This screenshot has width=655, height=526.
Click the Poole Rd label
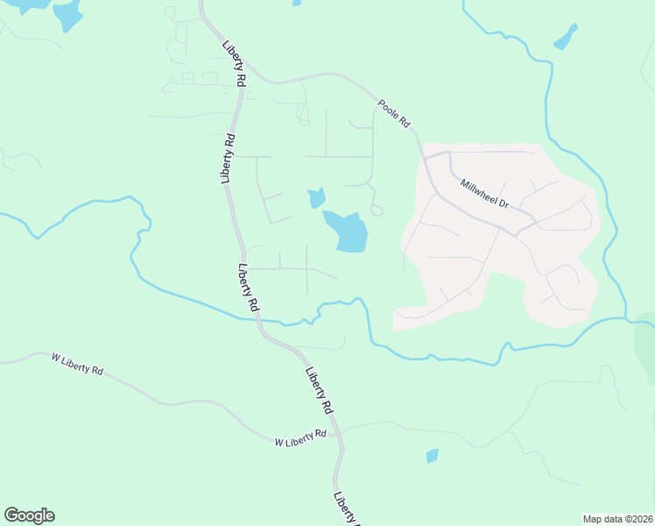[x=394, y=115]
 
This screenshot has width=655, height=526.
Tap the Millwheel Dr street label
[x=484, y=193]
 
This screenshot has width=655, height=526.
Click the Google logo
[x=29, y=515]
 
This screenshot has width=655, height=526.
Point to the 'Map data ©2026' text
[x=617, y=519]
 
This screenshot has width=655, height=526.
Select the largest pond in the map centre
[x=349, y=231]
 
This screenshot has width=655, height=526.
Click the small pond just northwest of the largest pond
[x=317, y=198]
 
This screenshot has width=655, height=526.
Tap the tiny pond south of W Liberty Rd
[x=432, y=456]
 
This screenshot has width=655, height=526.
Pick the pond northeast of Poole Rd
[x=566, y=37]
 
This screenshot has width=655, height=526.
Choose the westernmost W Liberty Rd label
[x=77, y=364]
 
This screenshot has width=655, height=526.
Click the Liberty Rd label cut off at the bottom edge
[x=345, y=509]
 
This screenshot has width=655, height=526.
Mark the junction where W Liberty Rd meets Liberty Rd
[x=340, y=430]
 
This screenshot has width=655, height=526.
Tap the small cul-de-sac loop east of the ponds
[x=377, y=210]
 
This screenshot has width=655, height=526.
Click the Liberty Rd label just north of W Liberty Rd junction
[x=319, y=390]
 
